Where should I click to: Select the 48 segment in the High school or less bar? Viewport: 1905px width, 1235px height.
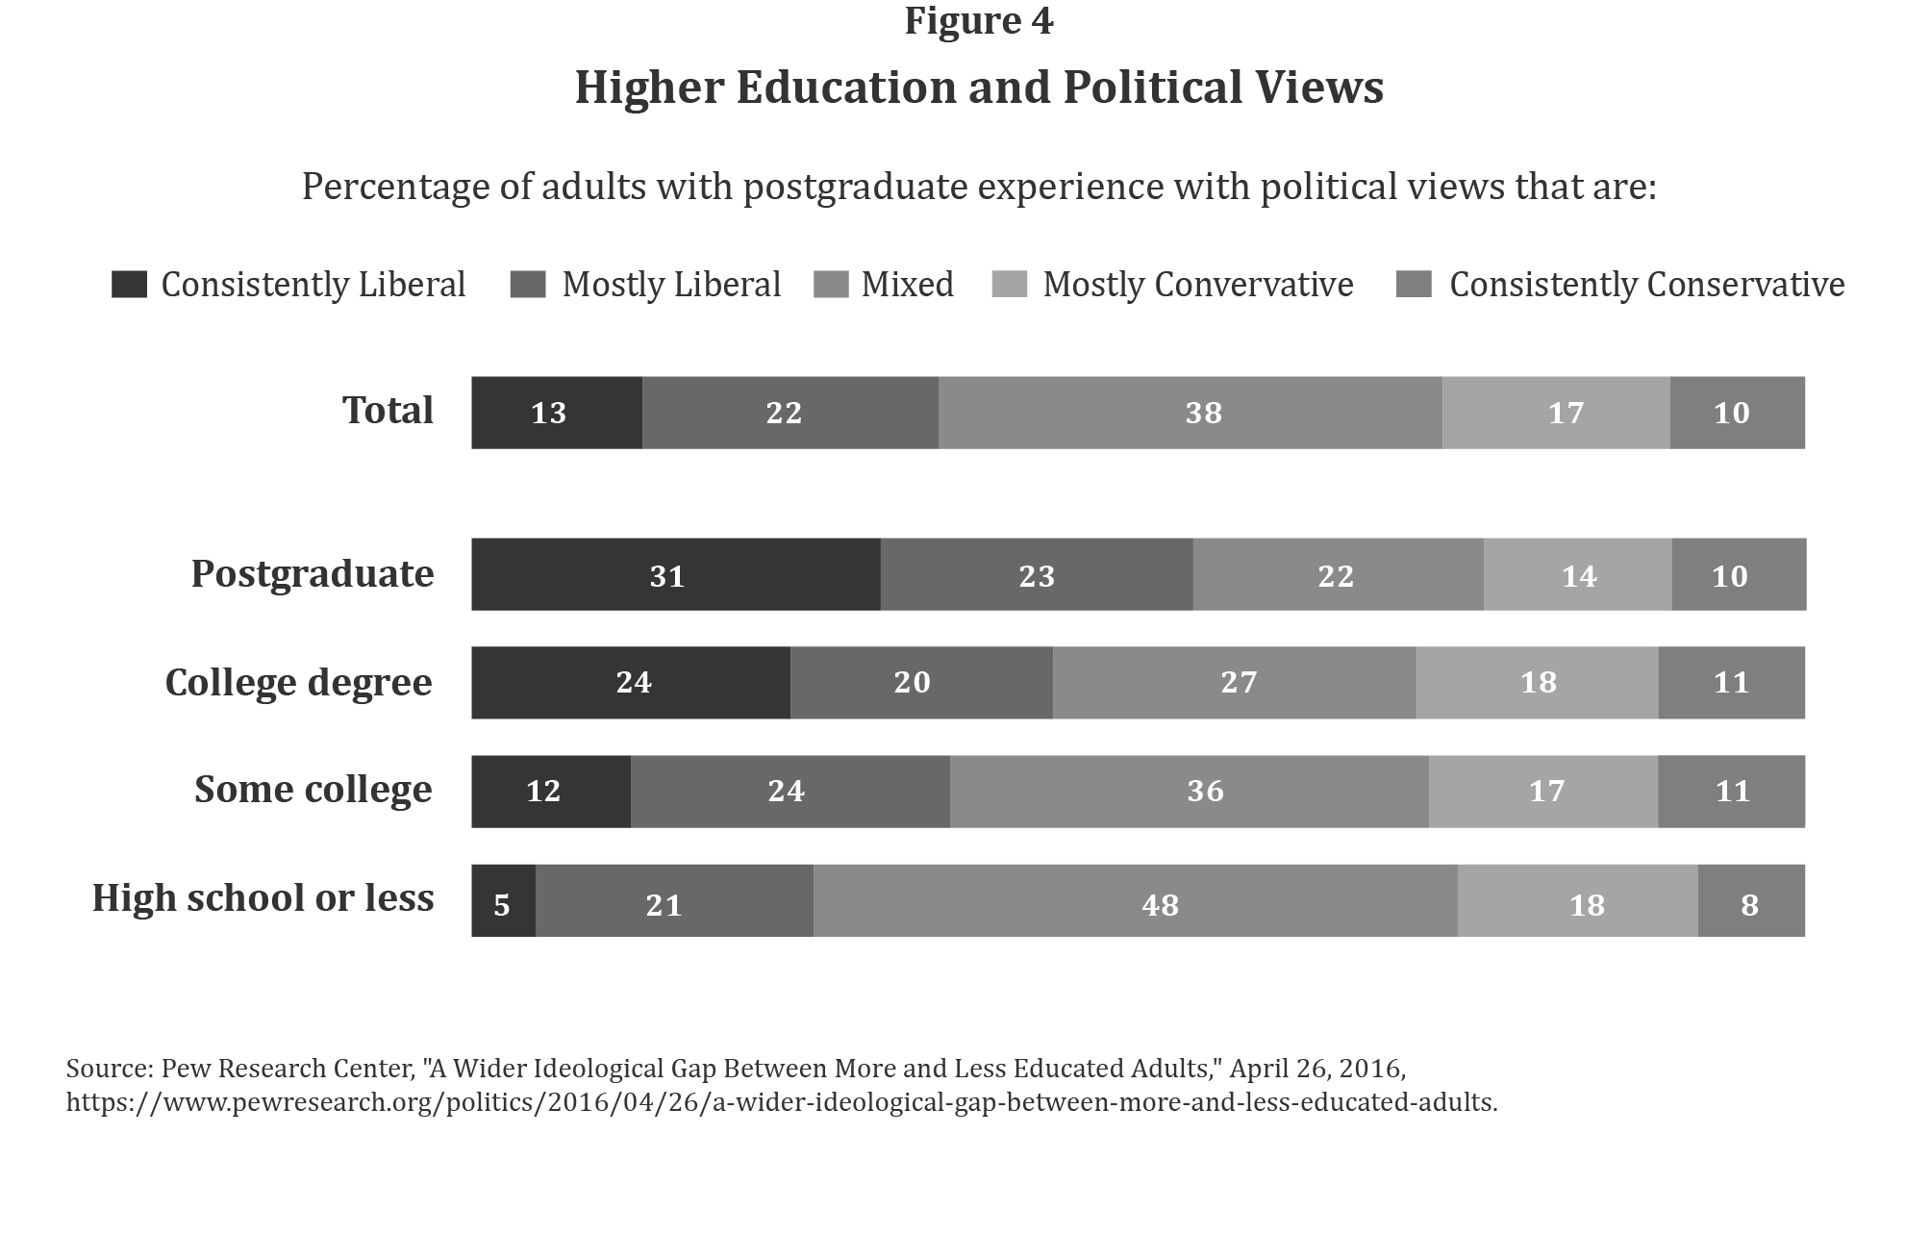click(1135, 900)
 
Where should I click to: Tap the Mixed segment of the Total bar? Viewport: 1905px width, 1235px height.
click(1190, 413)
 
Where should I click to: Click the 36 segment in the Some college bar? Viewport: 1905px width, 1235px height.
click(1189, 791)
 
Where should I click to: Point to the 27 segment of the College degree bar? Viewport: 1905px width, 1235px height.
click(1234, 682)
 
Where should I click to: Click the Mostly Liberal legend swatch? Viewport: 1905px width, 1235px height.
click(528, 285)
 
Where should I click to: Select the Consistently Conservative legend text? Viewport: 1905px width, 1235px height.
click(1646, 285)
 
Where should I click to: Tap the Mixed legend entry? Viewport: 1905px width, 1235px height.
click(907, 285)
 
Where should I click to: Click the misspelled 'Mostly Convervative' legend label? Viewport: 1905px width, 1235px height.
click(1197, 285)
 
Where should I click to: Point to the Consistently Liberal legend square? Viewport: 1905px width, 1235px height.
click(129, 285)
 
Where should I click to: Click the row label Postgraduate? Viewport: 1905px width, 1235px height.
click(313, 574)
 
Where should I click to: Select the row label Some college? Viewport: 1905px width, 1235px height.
click(313, 790)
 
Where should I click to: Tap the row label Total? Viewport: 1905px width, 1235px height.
click(388, 411)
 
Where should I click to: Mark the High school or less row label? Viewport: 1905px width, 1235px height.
click(263, 898)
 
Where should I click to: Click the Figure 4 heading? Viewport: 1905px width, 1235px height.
click(978, 21)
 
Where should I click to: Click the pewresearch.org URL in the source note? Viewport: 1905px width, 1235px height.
click(781, 1102)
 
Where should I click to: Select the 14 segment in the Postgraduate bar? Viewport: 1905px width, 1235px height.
click(1577, 575)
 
